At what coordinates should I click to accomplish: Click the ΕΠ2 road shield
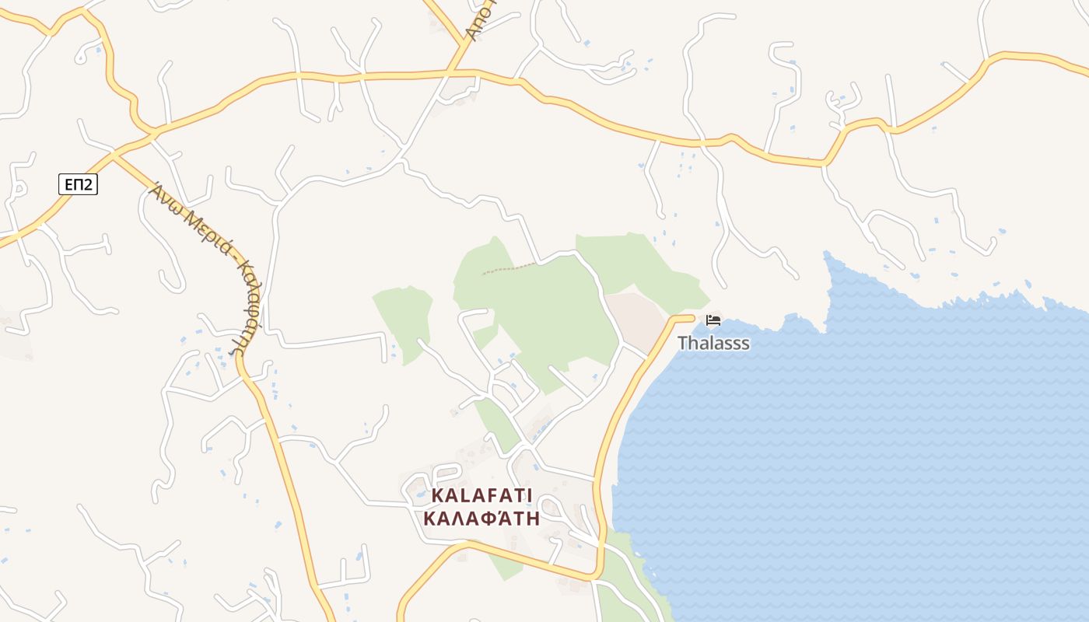tap(78, 184)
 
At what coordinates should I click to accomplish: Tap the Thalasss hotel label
tap(713, 343)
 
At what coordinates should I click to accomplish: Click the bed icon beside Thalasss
tap(713, 320)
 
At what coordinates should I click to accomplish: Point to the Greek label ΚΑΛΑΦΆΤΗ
tap(481, 519)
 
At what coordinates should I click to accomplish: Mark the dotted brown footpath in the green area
tap(509, 269)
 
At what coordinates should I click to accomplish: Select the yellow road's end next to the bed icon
tap(691, 317)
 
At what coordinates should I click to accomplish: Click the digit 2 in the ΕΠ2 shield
tap(88, 184)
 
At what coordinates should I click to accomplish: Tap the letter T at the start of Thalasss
tap(682, 343)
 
